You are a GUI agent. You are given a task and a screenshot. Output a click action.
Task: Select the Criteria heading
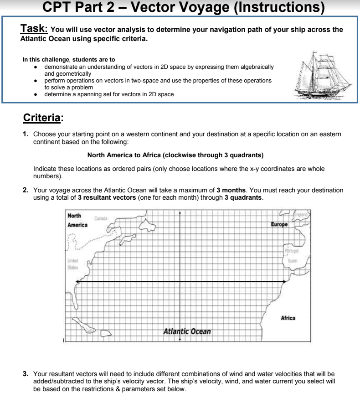click(42, 118)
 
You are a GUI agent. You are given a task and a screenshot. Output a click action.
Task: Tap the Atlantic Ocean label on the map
click(187, 331)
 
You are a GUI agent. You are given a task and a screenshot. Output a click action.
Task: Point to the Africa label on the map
click(288, 318)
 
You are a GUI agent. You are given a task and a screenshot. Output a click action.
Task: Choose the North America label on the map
click(77, 220)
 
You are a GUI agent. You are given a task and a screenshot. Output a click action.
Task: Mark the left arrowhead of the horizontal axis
click(77, 282)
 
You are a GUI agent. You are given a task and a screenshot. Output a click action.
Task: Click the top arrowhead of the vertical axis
click(180, 213)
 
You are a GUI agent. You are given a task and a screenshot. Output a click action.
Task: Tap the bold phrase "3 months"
click(231, 190)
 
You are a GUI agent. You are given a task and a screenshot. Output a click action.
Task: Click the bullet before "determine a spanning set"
click(36, 94)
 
